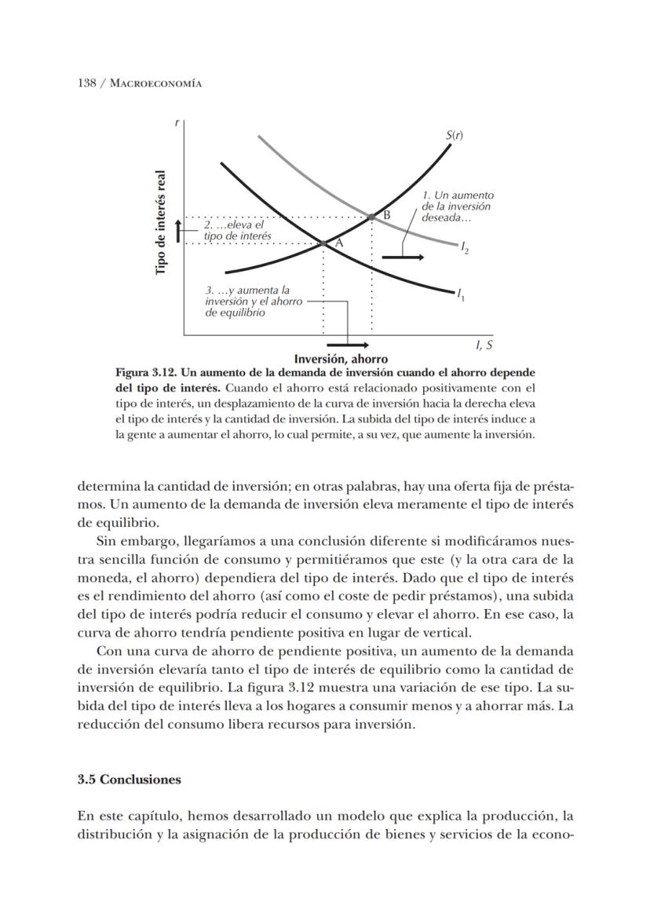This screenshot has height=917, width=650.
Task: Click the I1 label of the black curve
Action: point(461,295)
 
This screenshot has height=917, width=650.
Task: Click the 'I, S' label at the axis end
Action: point(484,345)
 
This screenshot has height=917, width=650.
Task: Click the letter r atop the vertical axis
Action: point(177,122)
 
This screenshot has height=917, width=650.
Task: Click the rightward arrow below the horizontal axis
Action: point(348,345)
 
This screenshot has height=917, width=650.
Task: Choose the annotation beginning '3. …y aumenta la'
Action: point(253,301)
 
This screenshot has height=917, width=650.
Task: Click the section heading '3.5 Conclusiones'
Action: point(130,780)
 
